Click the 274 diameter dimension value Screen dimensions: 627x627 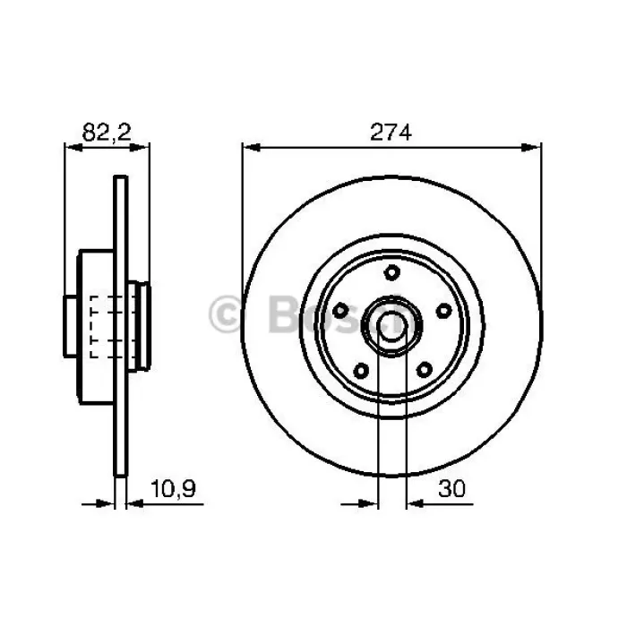(x=391, y=133)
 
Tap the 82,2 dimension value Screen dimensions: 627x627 (x=107, y=133)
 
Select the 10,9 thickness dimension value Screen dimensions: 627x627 (x=173, y=489)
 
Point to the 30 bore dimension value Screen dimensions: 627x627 (x=452, y=489)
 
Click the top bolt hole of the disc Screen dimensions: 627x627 (x=392, y=272)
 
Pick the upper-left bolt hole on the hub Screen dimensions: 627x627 (x=340, y=310)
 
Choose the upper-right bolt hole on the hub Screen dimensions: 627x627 (x=444, y=310)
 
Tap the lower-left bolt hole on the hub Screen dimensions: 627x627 (x=361, y=371)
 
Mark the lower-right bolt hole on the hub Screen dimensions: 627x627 (x=425, y=369)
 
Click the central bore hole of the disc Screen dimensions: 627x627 (x=392, y=325)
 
